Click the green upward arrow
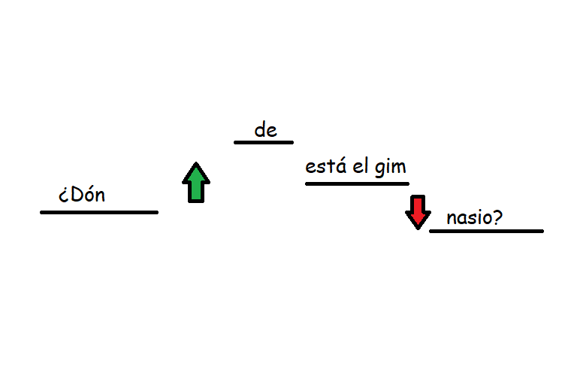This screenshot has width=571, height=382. (x=196, y=183)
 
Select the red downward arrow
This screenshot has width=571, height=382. (x=418, y=212)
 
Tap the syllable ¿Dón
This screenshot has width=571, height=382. (x=82, y=194)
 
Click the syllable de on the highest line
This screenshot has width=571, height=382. (x=265, y=130)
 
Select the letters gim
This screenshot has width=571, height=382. (x=391, y=168)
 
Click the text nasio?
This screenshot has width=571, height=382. (x=475, y=217)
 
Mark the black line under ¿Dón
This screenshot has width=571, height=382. (x=99, y=212)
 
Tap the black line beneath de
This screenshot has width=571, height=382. (x=264, y=142)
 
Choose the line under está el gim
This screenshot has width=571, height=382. (x=357, y=183)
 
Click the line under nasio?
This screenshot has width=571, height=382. (x=487, y=231)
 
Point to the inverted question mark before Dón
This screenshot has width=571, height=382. (x=64, y=196)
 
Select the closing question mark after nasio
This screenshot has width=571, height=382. (x=497, y=217)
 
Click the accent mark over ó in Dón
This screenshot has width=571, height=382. (x=91, y=187)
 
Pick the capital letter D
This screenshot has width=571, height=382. (x=77, y=194)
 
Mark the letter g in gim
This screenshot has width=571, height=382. (x=380, y=170)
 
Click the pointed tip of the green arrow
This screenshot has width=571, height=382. (x=196, y=162)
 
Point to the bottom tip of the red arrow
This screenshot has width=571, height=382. (x=418, y=229)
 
